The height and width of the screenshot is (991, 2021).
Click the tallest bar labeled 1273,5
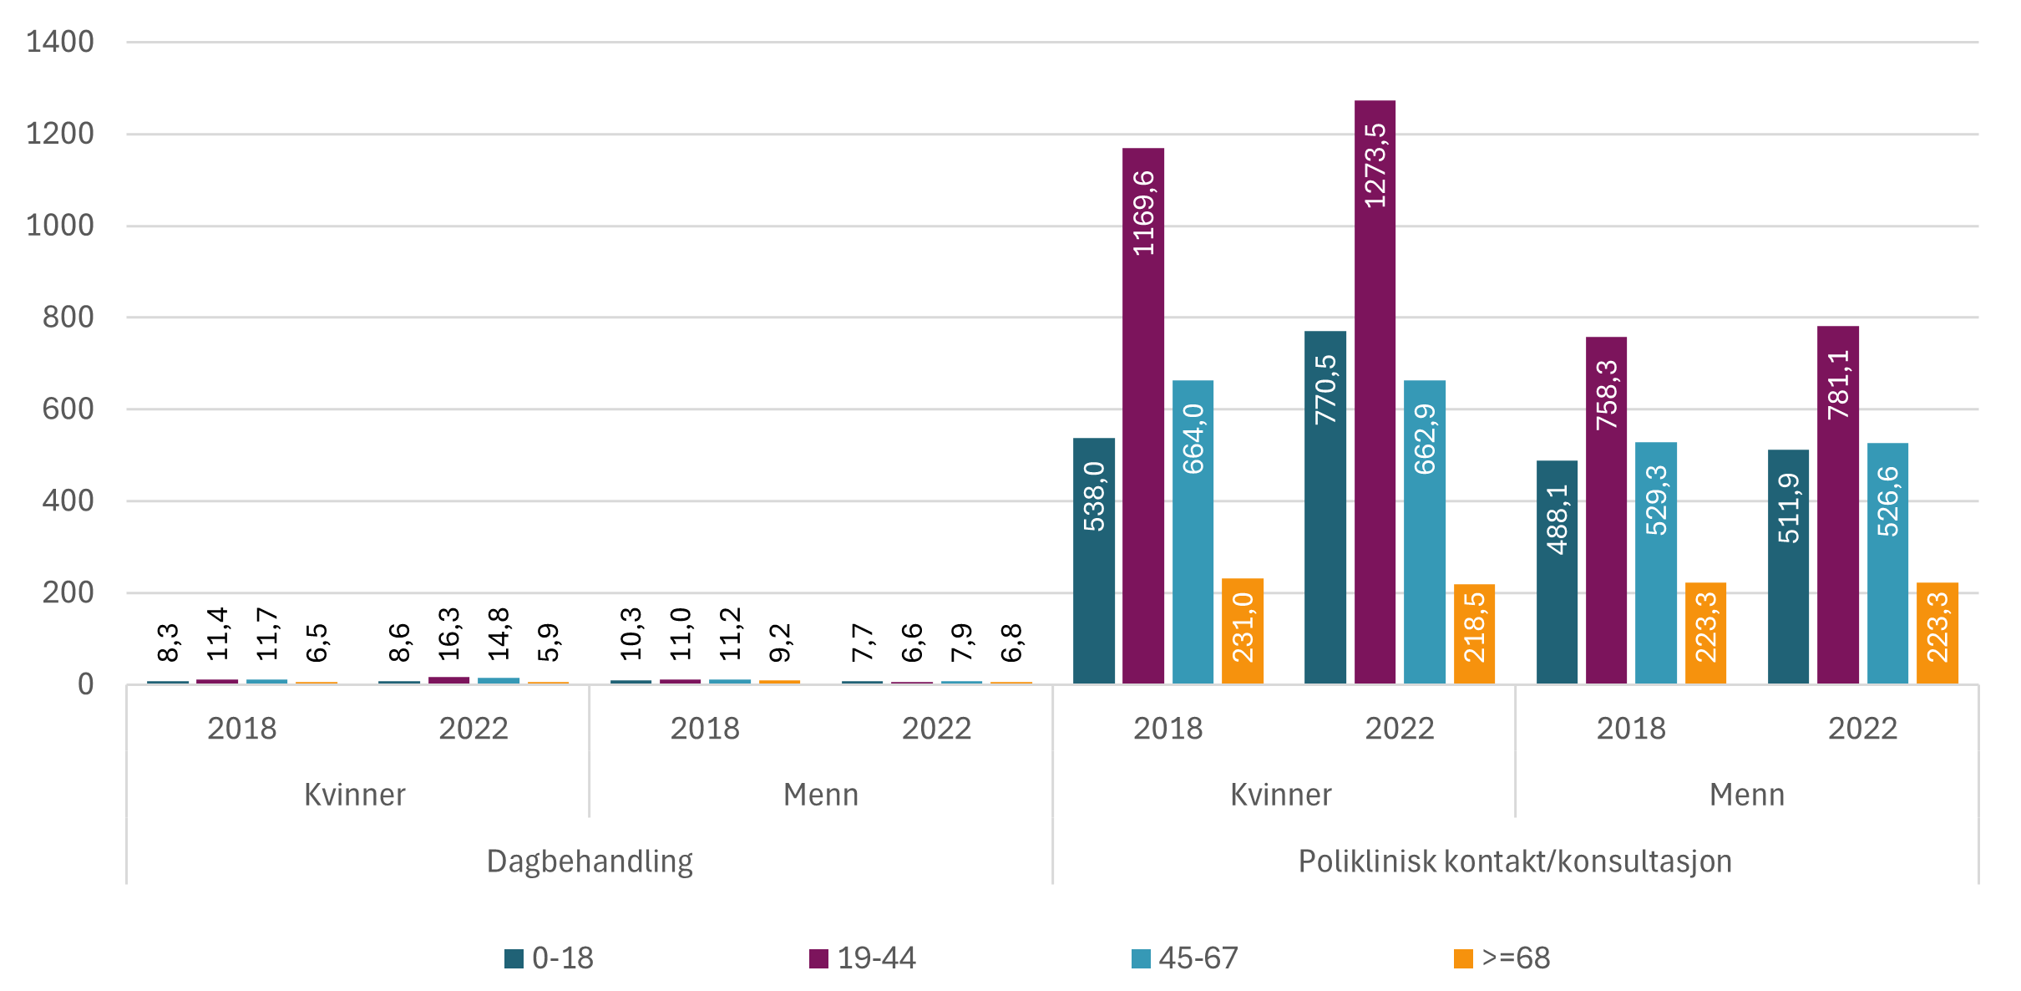pos(1375,393)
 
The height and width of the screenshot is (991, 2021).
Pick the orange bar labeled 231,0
pos(1242,631)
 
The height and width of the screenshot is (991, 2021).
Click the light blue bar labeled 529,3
pos(1655,563)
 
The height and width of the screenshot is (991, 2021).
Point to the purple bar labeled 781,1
pos(1837,505)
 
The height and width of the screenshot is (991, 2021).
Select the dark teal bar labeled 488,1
pos(1557,572)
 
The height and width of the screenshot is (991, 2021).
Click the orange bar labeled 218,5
pos(1474,634)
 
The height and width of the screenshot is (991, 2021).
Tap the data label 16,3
pos(449,634)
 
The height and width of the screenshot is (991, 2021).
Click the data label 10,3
pos(631,634)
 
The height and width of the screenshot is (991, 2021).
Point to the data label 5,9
pos(549,643)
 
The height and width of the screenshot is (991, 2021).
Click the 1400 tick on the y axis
pos(60,42)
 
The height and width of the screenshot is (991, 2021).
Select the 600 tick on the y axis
pos(68,409)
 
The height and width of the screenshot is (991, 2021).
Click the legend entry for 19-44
pos(863,958)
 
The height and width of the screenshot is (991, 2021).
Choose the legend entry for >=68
pos(1502,958)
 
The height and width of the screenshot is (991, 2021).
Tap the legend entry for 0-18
pos(550,958)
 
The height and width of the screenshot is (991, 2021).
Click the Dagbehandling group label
pos(590,861)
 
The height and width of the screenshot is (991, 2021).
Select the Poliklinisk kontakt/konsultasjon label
pos(1515,861)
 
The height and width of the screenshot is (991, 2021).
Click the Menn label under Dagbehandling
pos(821,795)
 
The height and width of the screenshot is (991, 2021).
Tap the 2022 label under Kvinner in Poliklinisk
pos(1400,729)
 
